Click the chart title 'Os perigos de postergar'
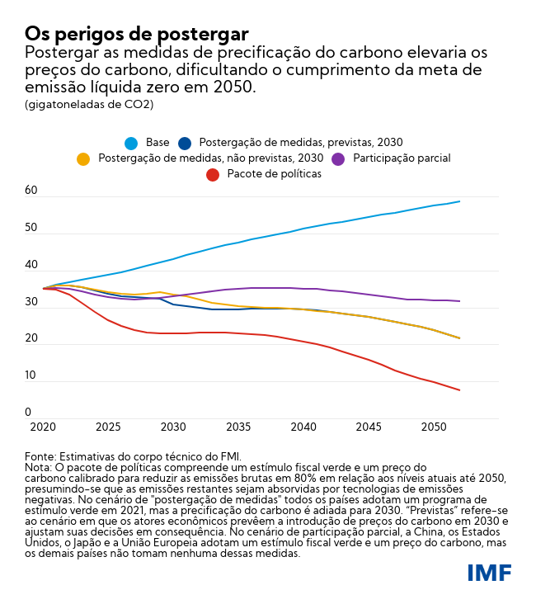click(x=136, y=34)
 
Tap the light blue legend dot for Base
click(x=130, y=143)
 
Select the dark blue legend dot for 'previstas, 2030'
click(x=185, y=143)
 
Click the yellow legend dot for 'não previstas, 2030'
click(x=83, y=158)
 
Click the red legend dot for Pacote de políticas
click(x=213, y=174)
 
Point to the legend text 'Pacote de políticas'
click(x=274, y=174)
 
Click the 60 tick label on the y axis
click(x=31, y=191)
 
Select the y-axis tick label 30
click(x=31, y=302)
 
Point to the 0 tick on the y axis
click(x=28, y=413)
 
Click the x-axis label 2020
click(x=42, y=427)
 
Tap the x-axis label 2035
click(x=237, y=427)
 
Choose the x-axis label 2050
click(x=434, y=427)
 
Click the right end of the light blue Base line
click(x=459, y=201)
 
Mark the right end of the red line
click(x=459, y=390)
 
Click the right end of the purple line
click(x=459, y=301)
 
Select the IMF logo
click(x=489, y=572)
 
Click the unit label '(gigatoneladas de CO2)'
click(x=89, y=105)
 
